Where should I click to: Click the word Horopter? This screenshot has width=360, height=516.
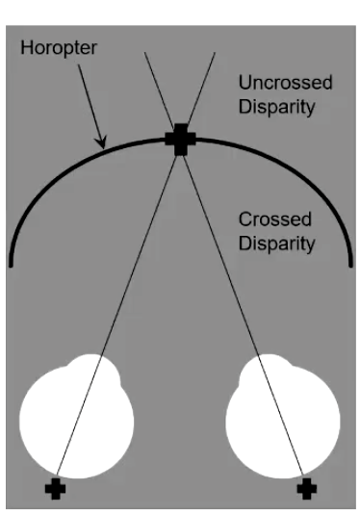59,48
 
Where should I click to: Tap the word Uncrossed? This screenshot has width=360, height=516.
285,82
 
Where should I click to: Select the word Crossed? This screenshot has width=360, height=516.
274,219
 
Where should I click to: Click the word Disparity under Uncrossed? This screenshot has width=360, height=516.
276,107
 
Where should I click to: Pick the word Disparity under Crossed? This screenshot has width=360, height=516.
276,244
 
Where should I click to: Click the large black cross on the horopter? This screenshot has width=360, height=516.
180,140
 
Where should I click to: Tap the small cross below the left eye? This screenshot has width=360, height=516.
55,489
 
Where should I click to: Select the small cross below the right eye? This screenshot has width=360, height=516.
307,489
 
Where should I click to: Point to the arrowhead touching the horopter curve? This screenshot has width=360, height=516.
102,142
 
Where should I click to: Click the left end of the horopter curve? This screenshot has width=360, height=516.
11,265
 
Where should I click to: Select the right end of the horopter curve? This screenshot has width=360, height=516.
350,265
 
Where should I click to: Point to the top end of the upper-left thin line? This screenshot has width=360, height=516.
144,52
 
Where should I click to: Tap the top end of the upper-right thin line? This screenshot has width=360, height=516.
215,52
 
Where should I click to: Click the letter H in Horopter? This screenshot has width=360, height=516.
26,47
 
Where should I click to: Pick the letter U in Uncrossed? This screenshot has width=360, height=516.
244,82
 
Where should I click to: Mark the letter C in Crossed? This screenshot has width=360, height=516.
245,219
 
